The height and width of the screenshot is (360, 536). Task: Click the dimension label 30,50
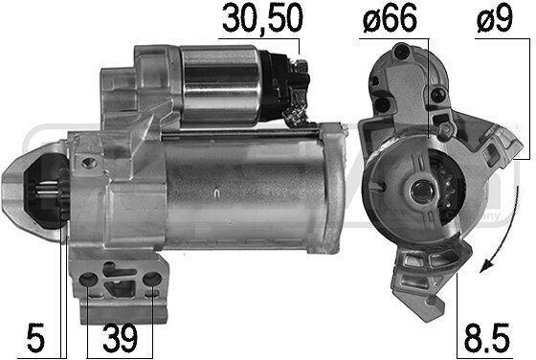pyautogui.click(x=262, y=19)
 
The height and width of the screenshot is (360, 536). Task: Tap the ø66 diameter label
pyautogui.click(x=390, y=19)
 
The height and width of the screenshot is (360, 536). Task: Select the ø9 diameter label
pyautogui.click(x=495, y=19)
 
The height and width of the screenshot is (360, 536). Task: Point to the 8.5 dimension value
pyautogui.click(x=487, y=339)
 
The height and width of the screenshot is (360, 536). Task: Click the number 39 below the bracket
pyautogui.click(x=120, y=339)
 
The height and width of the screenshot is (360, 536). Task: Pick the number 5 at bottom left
pyautogui.click(x=36, y=339)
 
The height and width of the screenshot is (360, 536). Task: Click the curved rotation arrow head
pyautogui.click(x=486, y=265)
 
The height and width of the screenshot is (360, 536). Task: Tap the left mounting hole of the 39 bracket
pyautogui.click(x=88, y=280)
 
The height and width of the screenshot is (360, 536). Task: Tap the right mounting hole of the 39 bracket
pyautogui.click(x=152, y=280)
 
